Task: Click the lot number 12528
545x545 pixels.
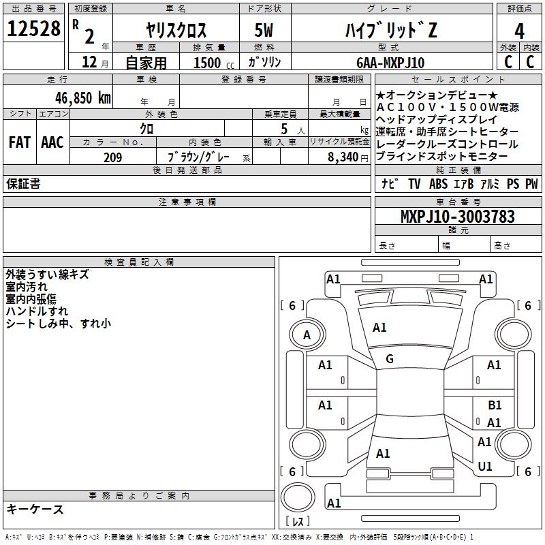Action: [33, 29]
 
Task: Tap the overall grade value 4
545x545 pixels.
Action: [519, 31]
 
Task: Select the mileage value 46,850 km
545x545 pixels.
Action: [82, 98]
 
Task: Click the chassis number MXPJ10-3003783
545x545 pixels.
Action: [457, 217]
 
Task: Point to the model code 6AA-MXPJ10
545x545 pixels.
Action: [390, 63]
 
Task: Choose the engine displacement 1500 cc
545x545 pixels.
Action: [214, 63]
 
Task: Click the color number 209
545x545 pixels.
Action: [112, 157]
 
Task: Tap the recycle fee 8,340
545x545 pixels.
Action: [343, 157]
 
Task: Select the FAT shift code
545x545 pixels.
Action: [20, 142]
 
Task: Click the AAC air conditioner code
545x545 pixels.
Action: [52, 142]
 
